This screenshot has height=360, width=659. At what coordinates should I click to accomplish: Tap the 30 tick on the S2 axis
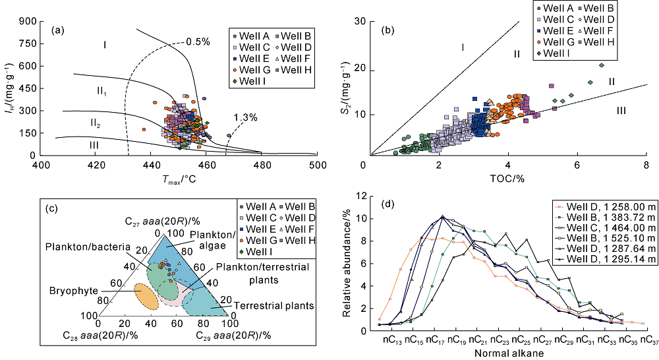pos(358,21)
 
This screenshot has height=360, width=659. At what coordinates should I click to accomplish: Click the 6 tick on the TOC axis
pos(577,164)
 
